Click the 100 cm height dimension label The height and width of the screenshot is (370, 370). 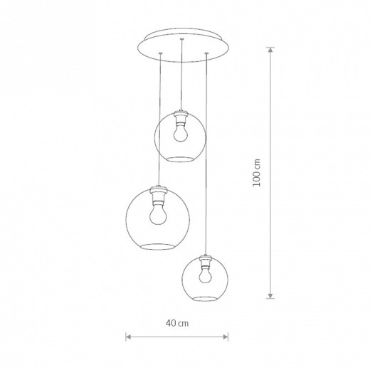(x=257, y=173)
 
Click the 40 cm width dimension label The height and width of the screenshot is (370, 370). (x=177, y=323)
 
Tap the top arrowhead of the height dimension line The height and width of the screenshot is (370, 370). (x=270, y=51)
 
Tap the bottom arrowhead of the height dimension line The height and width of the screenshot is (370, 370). (x=270, y=295)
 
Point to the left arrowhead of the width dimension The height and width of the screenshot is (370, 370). (x=129, y=337)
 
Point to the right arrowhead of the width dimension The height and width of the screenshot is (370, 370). (x=225, y=337)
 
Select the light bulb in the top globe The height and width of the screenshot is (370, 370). (x=180, y=134)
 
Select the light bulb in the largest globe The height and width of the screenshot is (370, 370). (x=158, y=215)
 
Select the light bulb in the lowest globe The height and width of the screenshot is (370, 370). (x=205, y=275)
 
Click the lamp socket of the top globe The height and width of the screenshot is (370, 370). (x=181, y=118)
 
